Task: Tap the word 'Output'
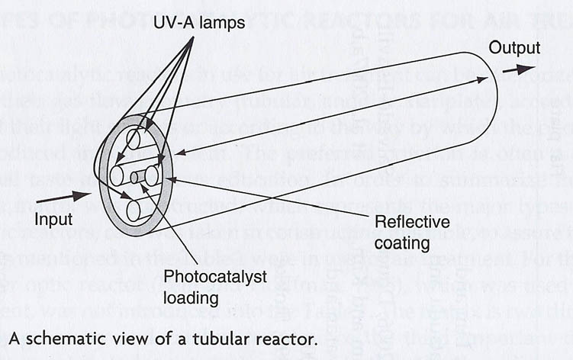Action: pos(514,48)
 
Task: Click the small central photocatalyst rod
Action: pos(134,177)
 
